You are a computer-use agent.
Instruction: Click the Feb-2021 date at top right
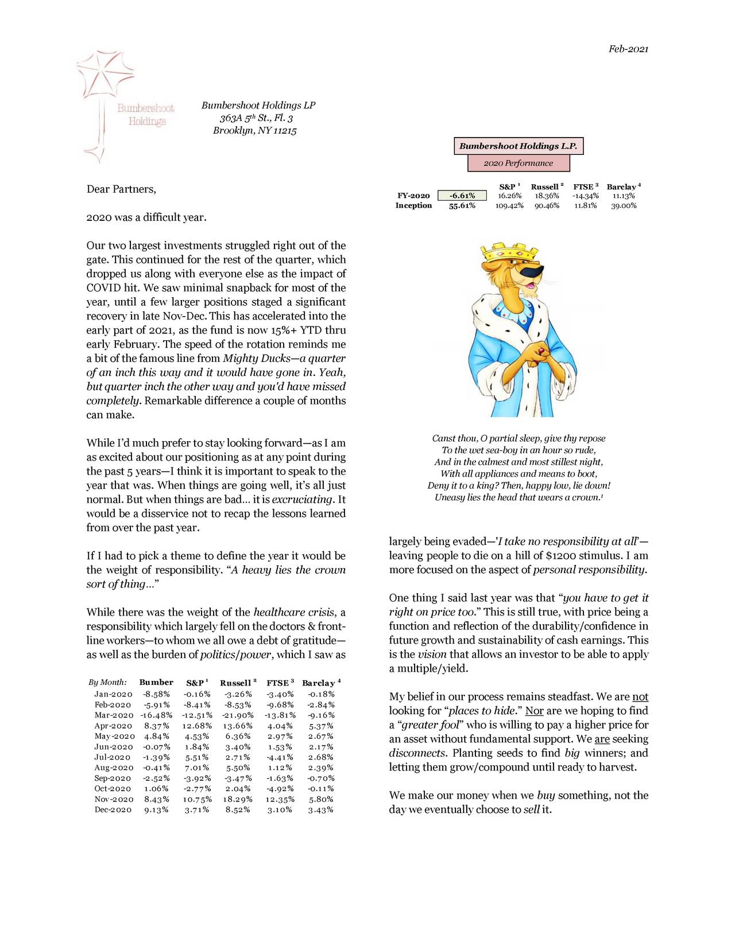(628, 49)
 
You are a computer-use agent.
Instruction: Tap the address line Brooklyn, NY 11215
(254, 131)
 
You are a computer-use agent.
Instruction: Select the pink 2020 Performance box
(518, 163)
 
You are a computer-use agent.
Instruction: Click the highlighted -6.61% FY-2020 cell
(462, 196)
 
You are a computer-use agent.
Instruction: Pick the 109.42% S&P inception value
(509, 205)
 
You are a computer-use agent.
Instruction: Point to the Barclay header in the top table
(622, 187)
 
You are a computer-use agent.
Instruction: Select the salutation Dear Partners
(121, 189)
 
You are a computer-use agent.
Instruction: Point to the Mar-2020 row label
(113, 715)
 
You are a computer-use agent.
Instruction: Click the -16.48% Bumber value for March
(154, 715)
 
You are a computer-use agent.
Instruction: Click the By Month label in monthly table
(107, 683)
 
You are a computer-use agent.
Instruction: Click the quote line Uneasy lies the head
(518, 497)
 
